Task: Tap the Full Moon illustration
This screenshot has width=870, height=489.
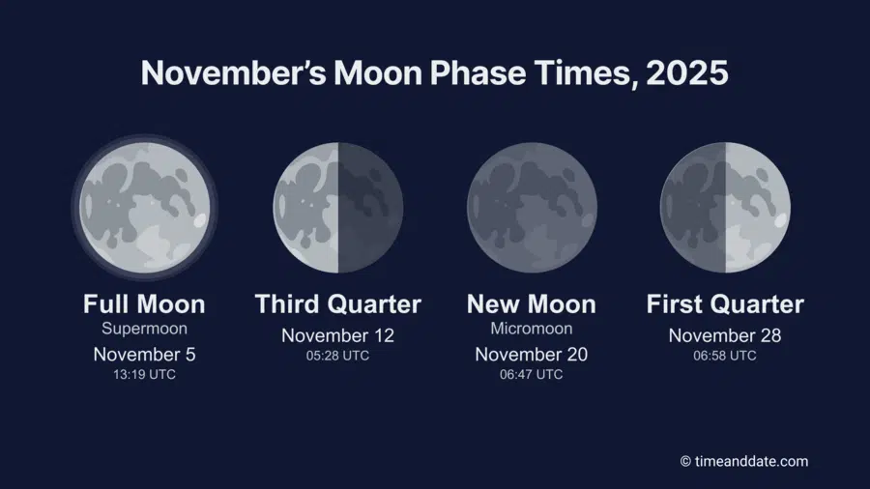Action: click(x=144, y=207)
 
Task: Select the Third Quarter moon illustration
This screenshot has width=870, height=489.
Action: click(x=337, y=207)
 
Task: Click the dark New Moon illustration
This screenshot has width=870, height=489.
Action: click(x=532, y=207)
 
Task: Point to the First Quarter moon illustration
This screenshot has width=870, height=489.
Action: click(x=725, y=207)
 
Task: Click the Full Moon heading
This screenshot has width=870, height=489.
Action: click(x=144, y=304)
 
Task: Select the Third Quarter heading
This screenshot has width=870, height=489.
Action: click(x=337, y=304)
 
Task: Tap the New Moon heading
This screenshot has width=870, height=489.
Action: click(x=532, y=304)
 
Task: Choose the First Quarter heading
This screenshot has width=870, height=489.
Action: click(x=725, y=304)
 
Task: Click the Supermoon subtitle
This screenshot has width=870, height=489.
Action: click(x=144, y=329)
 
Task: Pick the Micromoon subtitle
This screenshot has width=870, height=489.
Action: click(x=532, y=329)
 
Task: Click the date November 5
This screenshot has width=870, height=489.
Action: click(x=144, y=354)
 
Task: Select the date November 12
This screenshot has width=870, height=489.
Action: click(x=337, y=335)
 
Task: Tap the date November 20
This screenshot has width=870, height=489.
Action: click(x=532, y=354)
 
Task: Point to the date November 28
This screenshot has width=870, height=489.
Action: click(x=725, y=335)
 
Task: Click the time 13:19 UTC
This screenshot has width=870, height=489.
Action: click(x=144, y=375)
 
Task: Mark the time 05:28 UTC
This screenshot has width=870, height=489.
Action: click(x=337, y=356)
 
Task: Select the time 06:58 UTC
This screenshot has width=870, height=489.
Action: click(x=725, y=356)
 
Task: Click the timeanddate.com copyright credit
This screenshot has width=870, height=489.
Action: click(x=743, y=461)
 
